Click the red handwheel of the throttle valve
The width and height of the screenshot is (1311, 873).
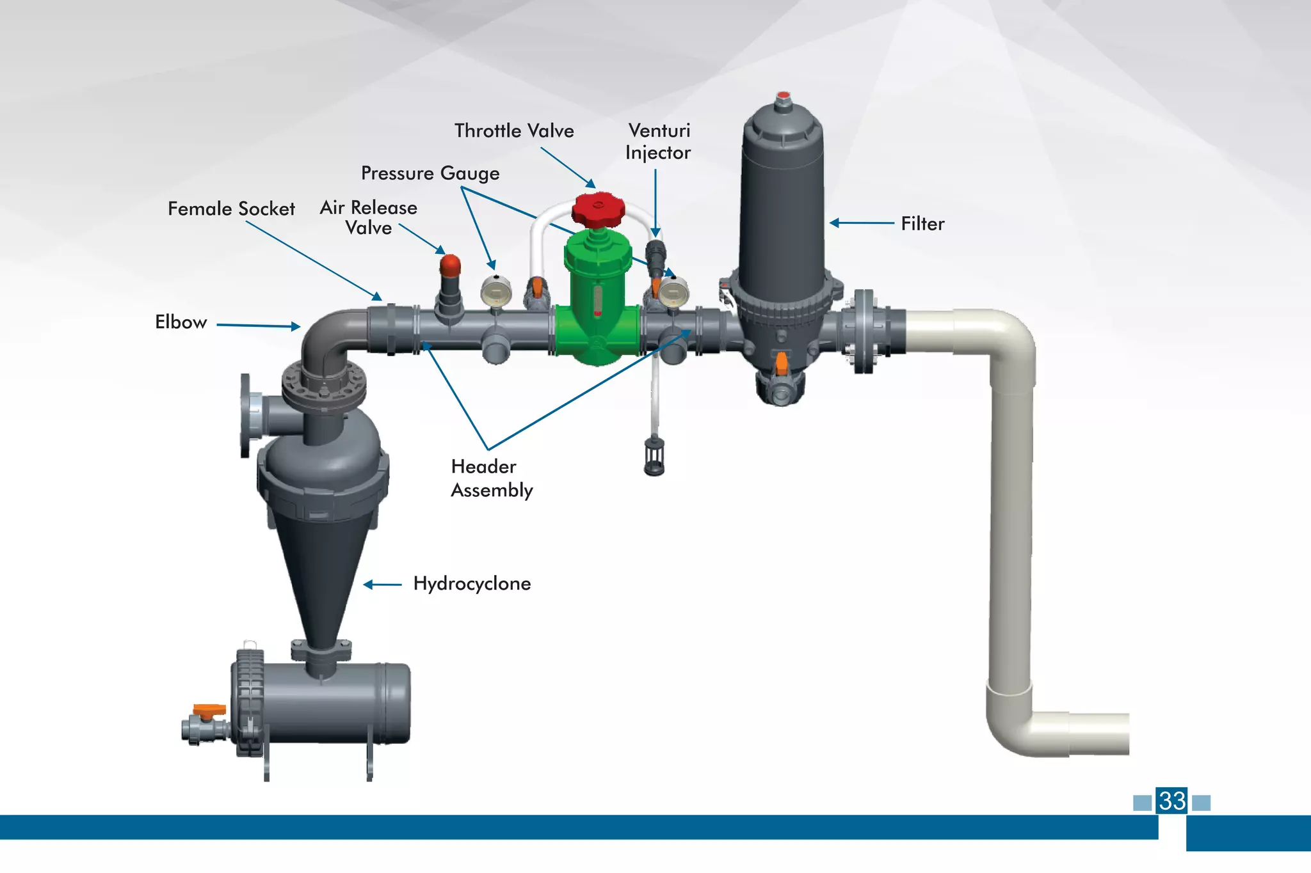tap(598, 208)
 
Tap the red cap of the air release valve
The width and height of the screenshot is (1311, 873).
tap(450, 263)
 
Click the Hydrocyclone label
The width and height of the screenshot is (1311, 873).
tap(472, 584)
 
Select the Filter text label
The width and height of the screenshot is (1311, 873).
tap(922, 224)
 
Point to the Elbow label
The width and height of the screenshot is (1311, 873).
tap(181, 322)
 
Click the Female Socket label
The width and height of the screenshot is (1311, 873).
tap(231, 209)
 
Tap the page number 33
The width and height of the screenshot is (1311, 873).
tap(1172, 801)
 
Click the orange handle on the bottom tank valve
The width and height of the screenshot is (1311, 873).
tap(209, 710)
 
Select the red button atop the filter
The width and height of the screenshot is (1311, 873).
tap(783, 96)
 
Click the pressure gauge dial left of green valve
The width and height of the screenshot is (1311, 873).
tap(496, 292)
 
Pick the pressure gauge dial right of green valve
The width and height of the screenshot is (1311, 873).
tap(673, 293)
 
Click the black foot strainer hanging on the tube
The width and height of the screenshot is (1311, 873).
tap(654, 455)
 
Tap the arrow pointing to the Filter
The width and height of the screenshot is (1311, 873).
tap(862, 223)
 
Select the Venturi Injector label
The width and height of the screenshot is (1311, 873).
tap(659, 142)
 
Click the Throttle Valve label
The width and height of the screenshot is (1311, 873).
tap(514, 131)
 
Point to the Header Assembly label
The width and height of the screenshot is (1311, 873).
tap(491, 478)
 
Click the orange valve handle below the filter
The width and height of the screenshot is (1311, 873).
tap(782, 363)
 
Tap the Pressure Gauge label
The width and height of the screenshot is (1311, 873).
tap(430, 173)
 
